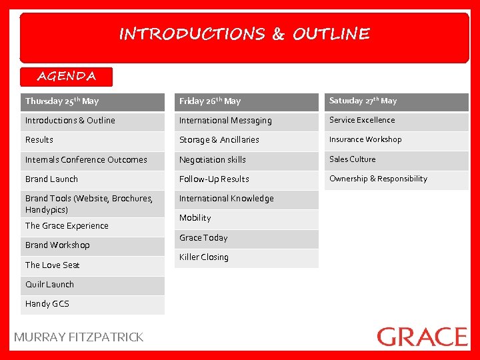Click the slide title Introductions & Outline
[x=244, y=34]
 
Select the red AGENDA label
[x=67, y=76]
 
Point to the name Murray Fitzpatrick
[x=79, y=337]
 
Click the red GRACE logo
[x=422, y=337]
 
